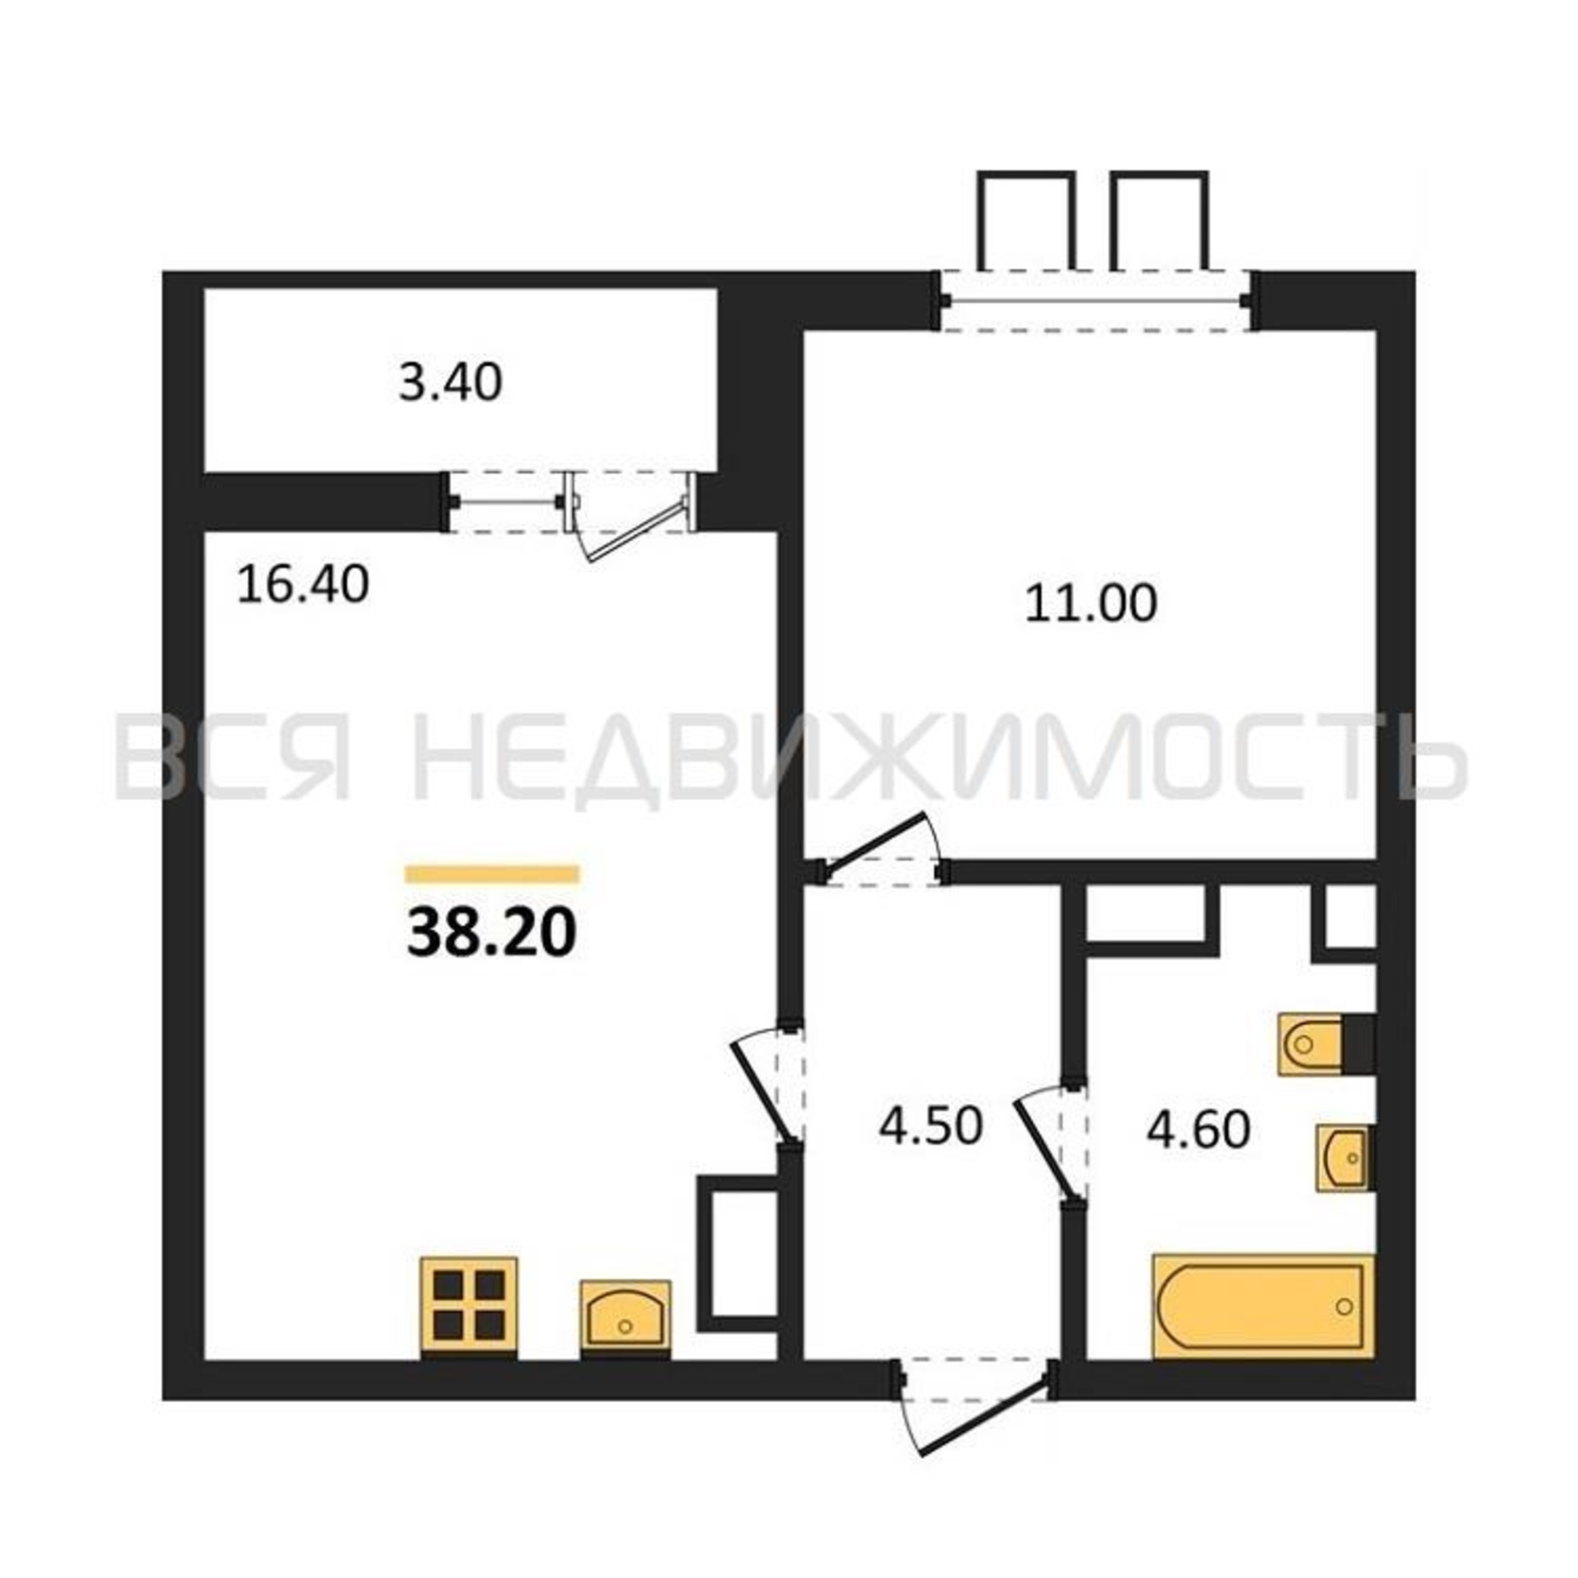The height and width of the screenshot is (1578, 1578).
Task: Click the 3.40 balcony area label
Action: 450,383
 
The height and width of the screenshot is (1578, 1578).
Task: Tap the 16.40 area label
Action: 302,585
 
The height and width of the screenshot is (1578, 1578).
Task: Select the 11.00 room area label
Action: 1090,604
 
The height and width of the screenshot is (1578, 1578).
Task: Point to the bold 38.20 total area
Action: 492,933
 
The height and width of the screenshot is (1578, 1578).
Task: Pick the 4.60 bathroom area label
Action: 1198,1131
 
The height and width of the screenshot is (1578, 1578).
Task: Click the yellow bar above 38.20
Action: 492,875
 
